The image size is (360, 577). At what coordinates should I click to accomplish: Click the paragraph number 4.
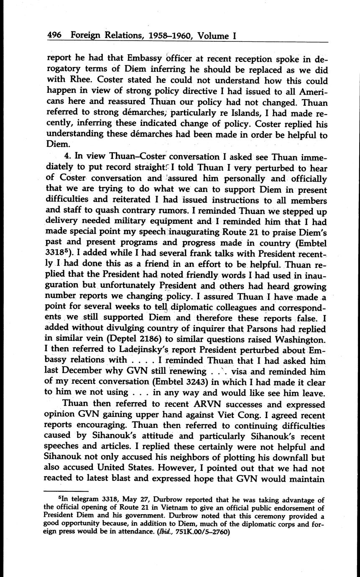click(x=64, y=157)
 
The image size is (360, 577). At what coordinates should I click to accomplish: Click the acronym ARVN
click(x=197, y=405)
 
